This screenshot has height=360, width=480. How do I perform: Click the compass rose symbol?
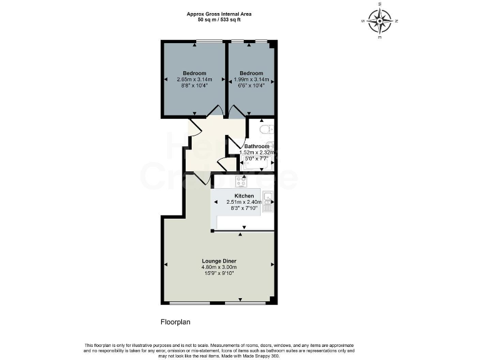coord(379,21)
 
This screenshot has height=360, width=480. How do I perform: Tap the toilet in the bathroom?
coord(266,130)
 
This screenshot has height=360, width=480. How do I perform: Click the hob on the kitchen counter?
coord(241,181)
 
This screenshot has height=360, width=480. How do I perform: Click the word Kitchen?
coord(244,196)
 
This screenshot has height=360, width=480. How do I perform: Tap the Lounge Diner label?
coord(219,261)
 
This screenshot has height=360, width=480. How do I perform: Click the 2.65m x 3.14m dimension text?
coord(194,79)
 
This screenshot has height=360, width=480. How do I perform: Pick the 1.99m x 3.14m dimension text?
coord(251,79)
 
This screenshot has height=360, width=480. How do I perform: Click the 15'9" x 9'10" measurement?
coord(219,274)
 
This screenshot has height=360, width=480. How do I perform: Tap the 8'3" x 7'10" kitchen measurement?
coord(244,209)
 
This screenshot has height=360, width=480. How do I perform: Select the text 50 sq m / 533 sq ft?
coord(219,20)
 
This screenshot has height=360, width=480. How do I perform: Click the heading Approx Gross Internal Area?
coord(219,14)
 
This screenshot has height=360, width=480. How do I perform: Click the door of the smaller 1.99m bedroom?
coord(236,113)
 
